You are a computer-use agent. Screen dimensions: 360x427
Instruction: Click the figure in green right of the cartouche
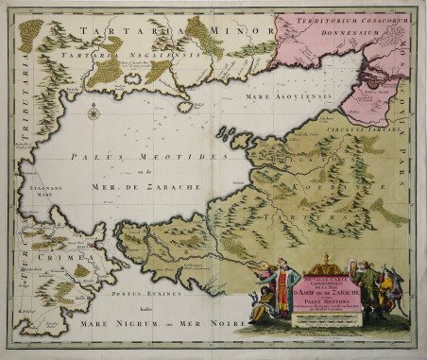point(369,288)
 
